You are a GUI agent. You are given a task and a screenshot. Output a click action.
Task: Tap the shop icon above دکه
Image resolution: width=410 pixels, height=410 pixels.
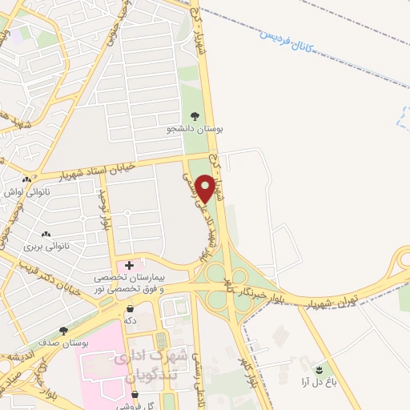pyautogui.click(x=130, y=308)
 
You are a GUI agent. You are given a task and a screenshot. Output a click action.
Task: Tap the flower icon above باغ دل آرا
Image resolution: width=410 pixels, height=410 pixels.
pyautogui.click(x=321, y=369)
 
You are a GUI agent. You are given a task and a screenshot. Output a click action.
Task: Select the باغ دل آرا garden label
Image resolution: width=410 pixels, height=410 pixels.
pyautogui.click(x=321, y=383)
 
